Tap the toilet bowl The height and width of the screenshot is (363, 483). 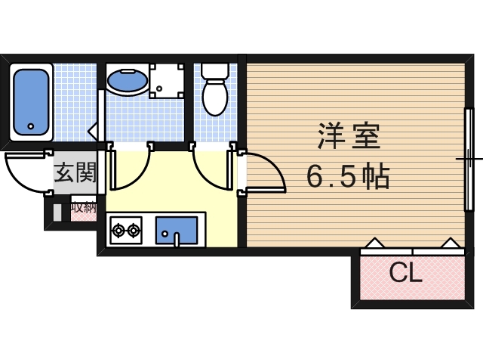(215, 98)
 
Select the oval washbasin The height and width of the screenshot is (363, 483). (127, 79)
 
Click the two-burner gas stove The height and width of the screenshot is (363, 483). (125, 229)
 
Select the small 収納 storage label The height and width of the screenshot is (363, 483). (84, 206)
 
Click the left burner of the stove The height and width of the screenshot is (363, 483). (118, 229)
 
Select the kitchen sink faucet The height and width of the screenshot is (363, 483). (176, 239)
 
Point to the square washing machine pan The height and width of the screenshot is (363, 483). (167, 80)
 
